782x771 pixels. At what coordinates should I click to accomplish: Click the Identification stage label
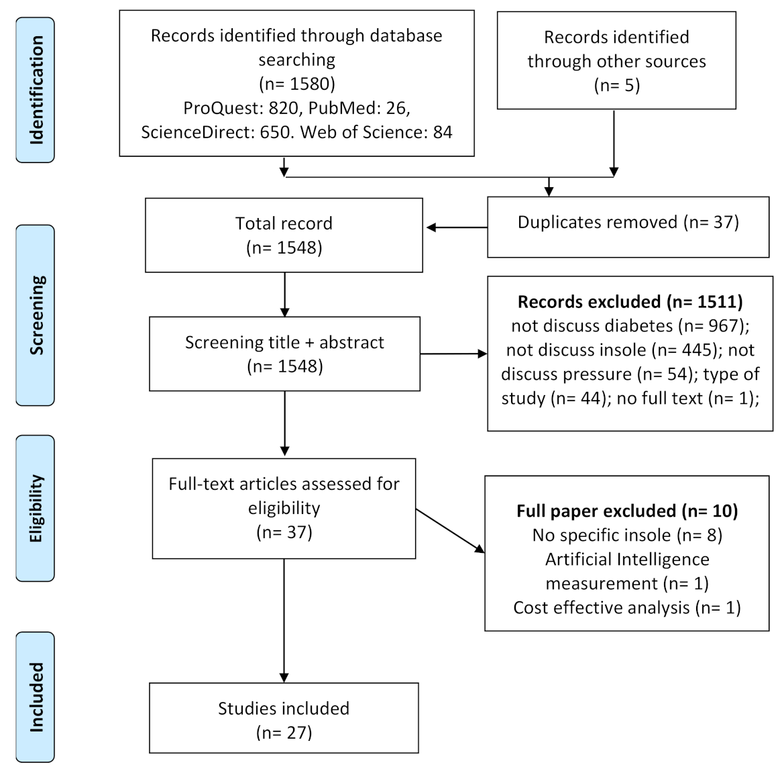[36, 90]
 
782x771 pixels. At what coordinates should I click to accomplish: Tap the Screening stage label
[36, 315]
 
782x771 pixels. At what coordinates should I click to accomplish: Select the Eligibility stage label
[36, 508]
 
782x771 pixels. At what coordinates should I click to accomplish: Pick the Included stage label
[36, 697]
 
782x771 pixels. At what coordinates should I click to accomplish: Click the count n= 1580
[297, 84]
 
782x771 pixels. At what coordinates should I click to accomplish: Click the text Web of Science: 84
[376, 132]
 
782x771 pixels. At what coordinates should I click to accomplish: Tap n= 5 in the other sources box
[617, 86]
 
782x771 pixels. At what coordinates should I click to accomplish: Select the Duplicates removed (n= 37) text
[628, 223]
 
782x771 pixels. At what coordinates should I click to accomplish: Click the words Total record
[284, 223]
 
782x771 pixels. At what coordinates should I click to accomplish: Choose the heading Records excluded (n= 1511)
[630, 302]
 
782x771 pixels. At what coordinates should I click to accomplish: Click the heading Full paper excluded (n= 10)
[627, 511]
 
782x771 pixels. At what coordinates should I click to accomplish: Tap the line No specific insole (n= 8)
[627, 535]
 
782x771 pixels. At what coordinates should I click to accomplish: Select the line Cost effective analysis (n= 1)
[627, 608]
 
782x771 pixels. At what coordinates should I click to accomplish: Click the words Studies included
[284, 709]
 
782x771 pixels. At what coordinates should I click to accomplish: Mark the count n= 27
[284, 733]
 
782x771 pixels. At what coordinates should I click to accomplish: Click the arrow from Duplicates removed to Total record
[456, 227]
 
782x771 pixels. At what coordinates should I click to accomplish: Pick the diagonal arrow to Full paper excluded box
[450, 531]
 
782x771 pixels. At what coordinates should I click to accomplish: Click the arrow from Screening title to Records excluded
[453, 354]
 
